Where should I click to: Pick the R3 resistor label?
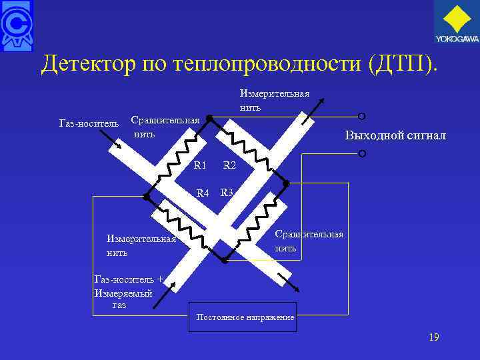pyautogui.click(x=227, y=193)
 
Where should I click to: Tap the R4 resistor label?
pyautogui.click(x=202, y=193)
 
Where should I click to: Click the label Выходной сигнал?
pyautogui.click(x=395, y=136)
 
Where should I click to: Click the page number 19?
pyautogui.click(x=434, y=338)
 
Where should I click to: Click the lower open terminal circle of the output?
pyautogui.click(x=362, y=154)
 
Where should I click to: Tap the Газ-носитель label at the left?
pyautogui.click(x=89, y=124)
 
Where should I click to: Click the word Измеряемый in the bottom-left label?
pyautogui.click(x=123, y=293)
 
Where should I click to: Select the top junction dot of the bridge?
pyautogui.click(x=209, y=118)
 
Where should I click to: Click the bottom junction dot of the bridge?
pyautogui.click(x=224, y=260)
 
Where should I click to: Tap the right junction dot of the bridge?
pyautogui.click(x=286, y=182)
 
